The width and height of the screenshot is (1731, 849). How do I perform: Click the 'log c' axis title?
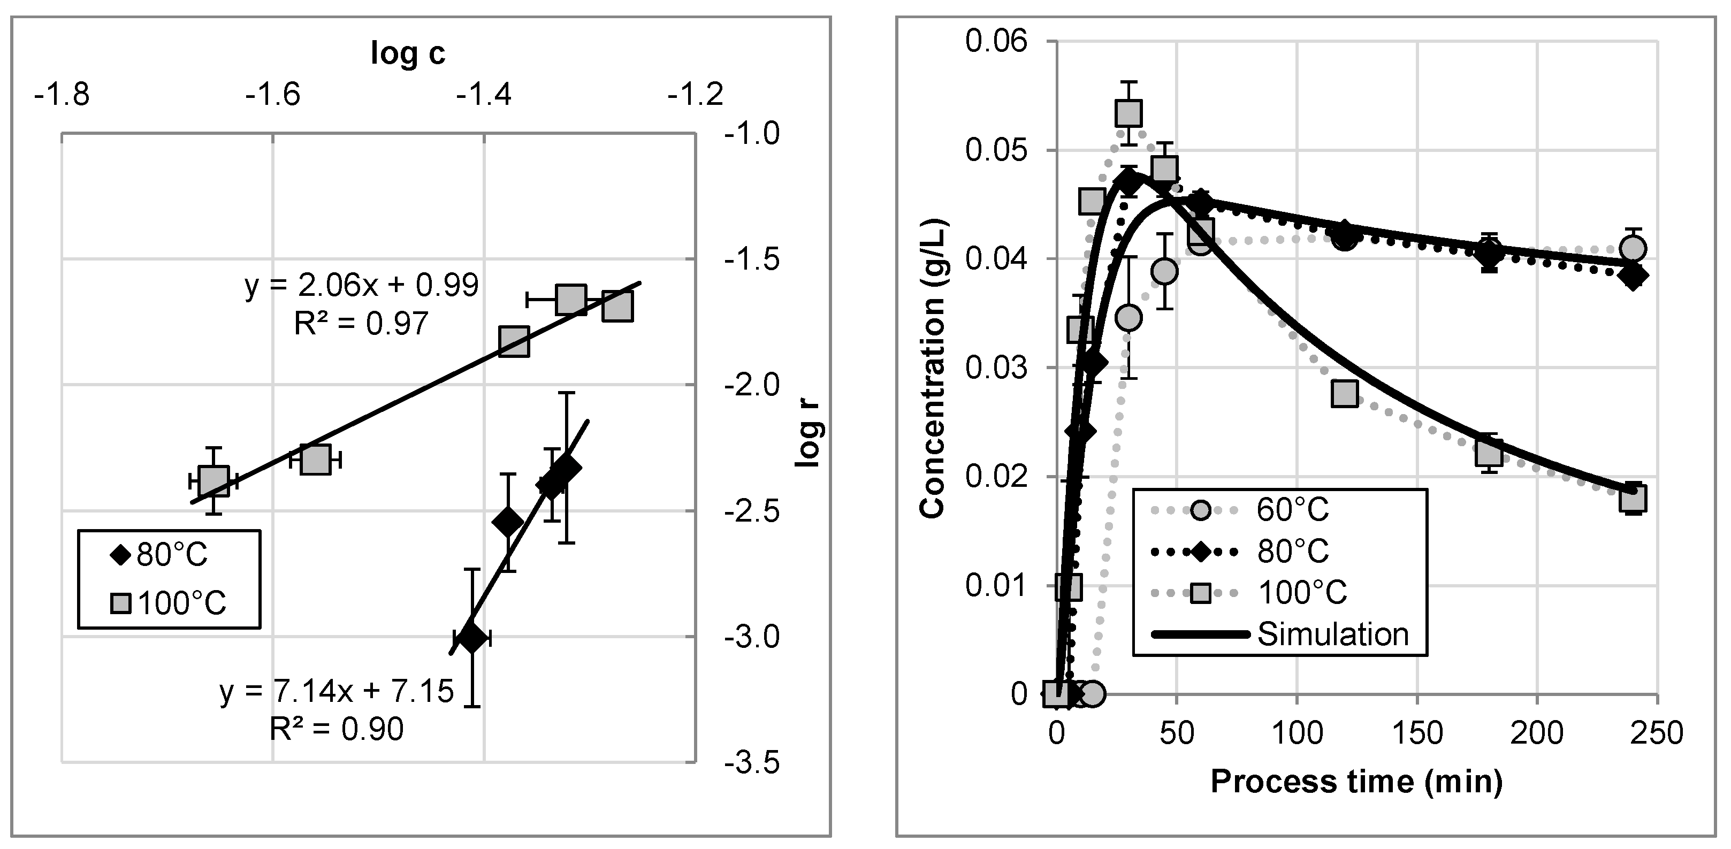coord(408,53)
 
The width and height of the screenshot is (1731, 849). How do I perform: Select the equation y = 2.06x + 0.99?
coord(362,286)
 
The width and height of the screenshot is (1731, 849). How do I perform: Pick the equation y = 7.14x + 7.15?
coord(337,691)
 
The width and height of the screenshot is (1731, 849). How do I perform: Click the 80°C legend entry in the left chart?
coord(161,555)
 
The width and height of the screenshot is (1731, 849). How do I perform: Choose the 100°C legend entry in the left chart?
coord(169,602)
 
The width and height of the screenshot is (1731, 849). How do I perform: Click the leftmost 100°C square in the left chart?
coord(213,481)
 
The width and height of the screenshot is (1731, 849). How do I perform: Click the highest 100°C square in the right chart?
coord(1129,113)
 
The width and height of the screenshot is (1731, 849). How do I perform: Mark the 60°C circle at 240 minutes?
coord(1633,249)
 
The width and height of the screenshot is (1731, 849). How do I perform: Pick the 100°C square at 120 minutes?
coord(1344,394)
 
